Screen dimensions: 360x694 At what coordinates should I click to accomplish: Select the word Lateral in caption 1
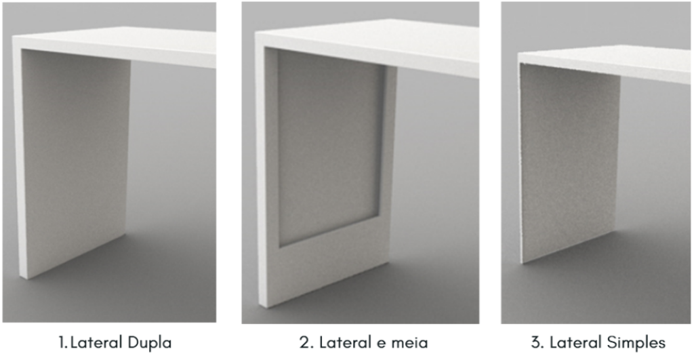tap(94, 342)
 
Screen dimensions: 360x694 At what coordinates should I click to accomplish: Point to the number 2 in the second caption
tap(303, 342)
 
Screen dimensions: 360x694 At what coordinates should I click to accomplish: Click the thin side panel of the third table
tap(569, 163)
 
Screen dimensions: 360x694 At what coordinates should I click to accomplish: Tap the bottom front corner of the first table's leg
tap(22, 277)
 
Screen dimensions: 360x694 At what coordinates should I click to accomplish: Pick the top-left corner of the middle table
tap(258, 34)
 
